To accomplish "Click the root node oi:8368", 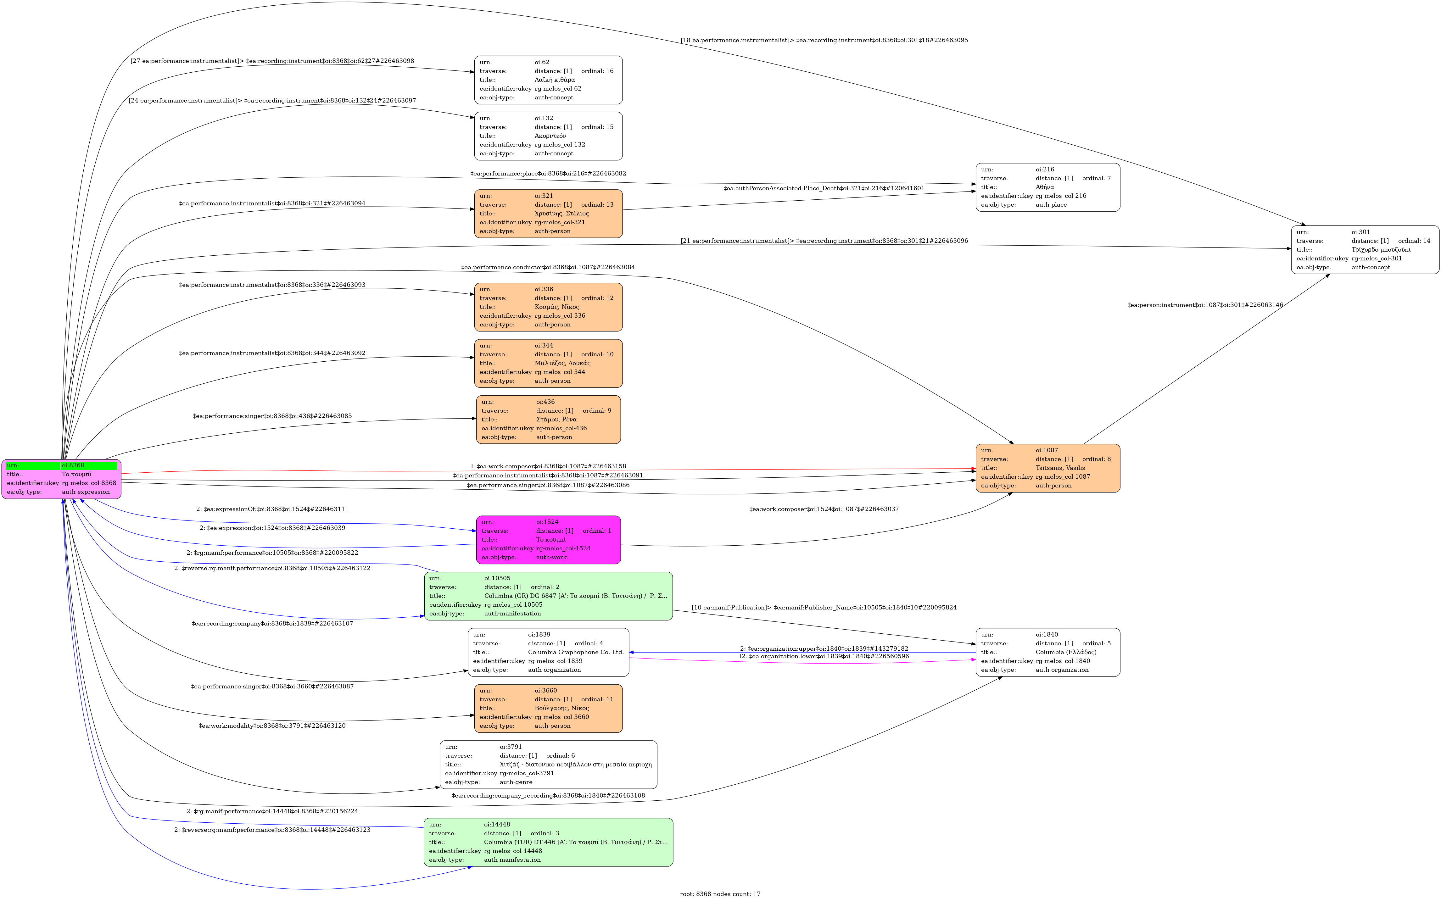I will pos(61,479).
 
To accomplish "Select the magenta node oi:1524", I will pos(548,539).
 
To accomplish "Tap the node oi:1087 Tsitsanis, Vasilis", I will pos(1048,468).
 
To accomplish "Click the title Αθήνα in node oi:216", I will pos(1045,187).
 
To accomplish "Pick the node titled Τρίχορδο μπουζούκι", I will pos(1365,250).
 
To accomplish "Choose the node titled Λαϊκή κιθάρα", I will pos(548,80).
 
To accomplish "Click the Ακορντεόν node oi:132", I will pos(548,136).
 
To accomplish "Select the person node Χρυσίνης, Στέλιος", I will pos(548,213).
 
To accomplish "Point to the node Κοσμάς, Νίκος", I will pos(548,307).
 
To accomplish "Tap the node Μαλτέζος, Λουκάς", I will pos(548,363).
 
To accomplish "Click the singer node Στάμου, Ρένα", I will pos(548,420).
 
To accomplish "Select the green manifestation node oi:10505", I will pos(548,596).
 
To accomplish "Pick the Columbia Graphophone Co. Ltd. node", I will pos(548,652).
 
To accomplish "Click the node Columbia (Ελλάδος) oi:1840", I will pos(1048,652).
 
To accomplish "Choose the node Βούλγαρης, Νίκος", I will pos(548,708).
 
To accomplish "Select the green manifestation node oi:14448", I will pos(548,842).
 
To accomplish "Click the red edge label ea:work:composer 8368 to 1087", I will pos(548,466).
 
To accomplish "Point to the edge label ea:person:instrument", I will pos(1205,305).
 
